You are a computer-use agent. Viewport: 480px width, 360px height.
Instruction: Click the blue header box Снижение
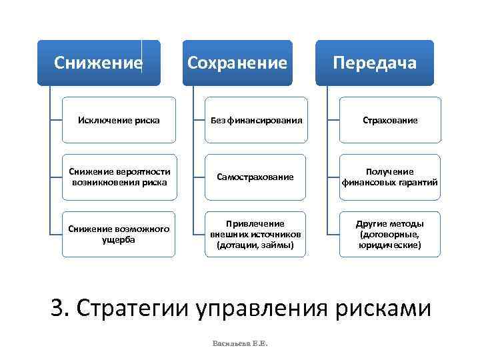point(99,63)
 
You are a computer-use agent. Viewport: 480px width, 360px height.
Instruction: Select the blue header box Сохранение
point(237,63)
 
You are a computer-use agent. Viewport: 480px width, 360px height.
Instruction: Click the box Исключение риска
point(119,121)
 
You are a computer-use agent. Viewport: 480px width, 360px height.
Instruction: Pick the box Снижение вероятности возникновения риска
point(119,177)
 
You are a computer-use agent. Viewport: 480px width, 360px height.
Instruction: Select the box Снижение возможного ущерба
point(119,234)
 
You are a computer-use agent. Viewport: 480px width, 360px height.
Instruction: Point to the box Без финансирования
point(257,121)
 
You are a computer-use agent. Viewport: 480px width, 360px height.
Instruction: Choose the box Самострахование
point(257,177)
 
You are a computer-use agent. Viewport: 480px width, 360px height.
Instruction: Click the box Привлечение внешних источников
point(257,234)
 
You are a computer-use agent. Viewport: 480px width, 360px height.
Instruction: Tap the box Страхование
point(390,121)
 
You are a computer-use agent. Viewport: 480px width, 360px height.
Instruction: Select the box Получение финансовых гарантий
point(390,177)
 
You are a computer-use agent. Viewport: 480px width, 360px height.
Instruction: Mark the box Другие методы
point(390,234)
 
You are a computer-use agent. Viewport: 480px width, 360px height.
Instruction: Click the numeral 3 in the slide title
point(57,309)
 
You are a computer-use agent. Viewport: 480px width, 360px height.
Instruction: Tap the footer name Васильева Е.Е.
point(239,343)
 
